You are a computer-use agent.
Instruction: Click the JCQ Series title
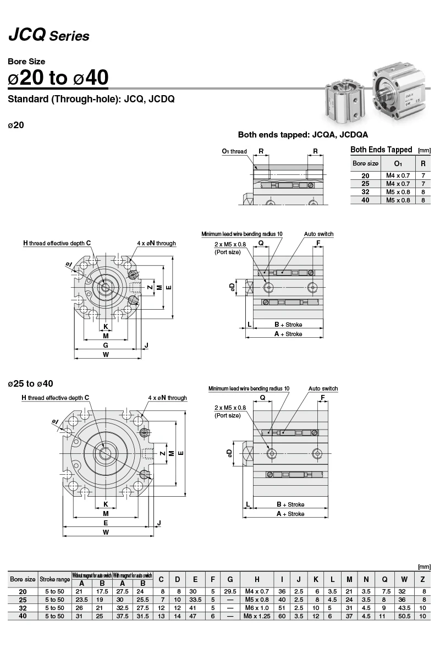[x=49, y=35]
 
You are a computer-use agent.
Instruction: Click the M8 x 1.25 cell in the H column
[x=257, y=616]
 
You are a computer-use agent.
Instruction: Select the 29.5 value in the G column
[x=230, y=591]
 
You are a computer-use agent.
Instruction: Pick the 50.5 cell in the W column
[x=404, y=616]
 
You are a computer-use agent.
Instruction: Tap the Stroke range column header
[x=54, y=579]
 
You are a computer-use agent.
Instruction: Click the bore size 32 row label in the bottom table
[x=23, y=608]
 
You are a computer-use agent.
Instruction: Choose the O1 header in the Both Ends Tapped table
[x=398, y=164]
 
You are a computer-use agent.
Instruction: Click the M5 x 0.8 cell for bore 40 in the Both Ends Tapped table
[x=398, y=200]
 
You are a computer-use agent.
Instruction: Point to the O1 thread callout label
[x=234, y=151]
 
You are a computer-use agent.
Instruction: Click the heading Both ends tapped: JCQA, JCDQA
[x=303, y=134]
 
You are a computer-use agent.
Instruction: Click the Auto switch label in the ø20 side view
[x=318, y=234]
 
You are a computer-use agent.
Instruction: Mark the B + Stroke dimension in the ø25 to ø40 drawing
[x=290, y=504]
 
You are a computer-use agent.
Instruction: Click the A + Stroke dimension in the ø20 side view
[x=288, y=334]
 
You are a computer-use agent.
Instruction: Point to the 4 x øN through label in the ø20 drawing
[x=157, y=244]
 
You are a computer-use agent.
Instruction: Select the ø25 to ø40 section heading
[x=31, y=383]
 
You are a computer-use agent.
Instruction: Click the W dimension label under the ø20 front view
[x=106, y=355]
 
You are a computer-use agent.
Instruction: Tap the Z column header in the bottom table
[x=422, y=579]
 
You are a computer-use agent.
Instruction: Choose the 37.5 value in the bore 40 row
[x=122, y=616]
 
